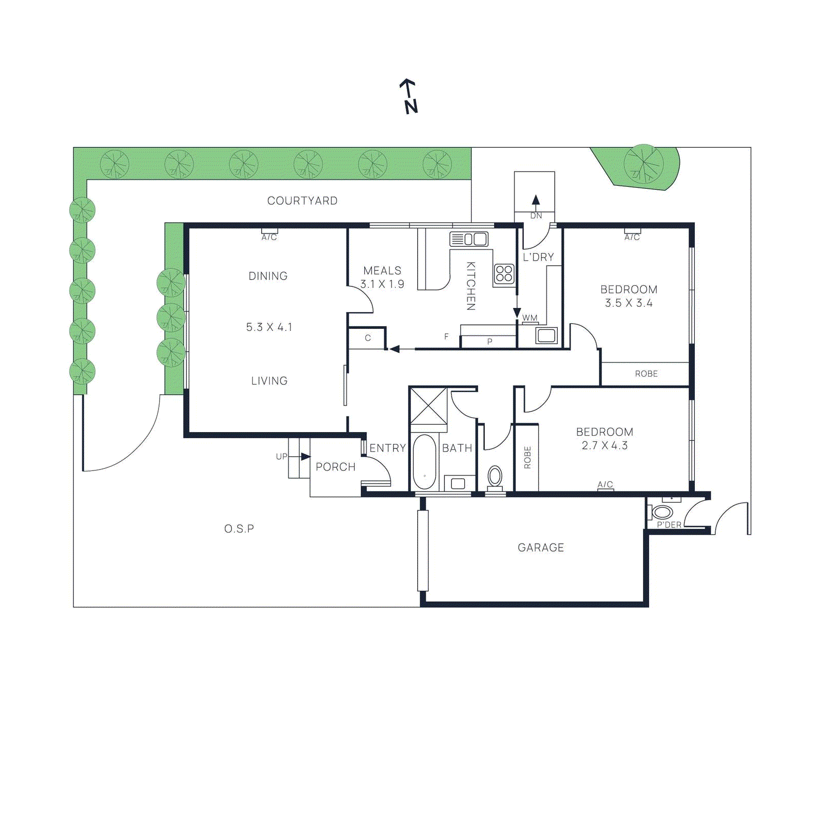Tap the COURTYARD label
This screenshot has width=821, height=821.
coord(302,201)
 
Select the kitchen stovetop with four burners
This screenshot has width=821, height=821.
coord(504,273)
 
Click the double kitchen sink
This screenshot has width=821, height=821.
coord(469,239)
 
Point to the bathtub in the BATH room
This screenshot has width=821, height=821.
coord(424,462)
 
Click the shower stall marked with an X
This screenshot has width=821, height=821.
coord(428,406)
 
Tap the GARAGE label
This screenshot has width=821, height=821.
coord(541,548)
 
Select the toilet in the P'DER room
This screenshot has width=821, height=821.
coord(662,512)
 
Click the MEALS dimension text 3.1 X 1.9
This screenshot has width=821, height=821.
coord(382,284)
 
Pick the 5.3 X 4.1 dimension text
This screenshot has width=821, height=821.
coord(269,327)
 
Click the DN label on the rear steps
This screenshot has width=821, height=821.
coord(536,216)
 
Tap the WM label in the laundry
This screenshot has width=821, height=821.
coord(530,318)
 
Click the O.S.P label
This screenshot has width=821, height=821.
coord(239,529)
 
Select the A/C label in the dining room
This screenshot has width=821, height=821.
coord(269,237)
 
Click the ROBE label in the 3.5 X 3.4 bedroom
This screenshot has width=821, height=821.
coord(646,374)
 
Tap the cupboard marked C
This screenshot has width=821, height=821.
coord(367,338)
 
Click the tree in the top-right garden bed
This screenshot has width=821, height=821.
coord(643,164)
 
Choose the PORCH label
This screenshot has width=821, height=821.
coord(336,467)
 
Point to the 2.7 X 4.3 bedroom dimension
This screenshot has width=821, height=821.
coord(604,445)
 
